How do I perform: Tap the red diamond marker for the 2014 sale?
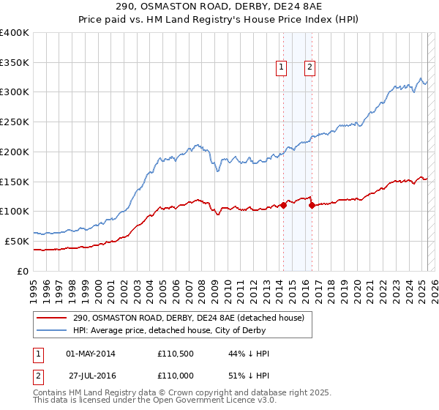[283, 205]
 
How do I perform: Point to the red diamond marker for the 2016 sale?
[312, 206]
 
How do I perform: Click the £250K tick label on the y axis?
[15, 122]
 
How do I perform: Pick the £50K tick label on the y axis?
[18, 241]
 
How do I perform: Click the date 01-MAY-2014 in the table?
[91, 354]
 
